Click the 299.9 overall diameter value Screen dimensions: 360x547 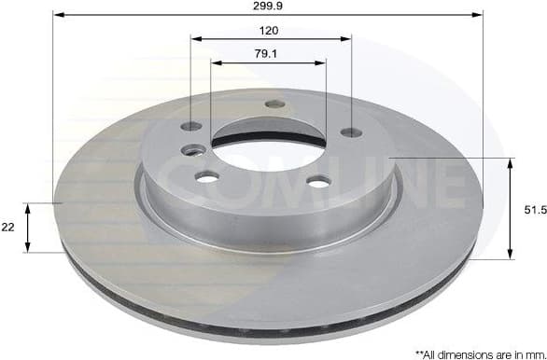tap(269, 6)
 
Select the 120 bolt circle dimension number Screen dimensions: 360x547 tap(270, 30)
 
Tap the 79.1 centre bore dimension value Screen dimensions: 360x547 tap(269, 54)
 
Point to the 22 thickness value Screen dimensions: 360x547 tap(8, 228)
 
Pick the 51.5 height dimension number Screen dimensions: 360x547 tap(534, 210)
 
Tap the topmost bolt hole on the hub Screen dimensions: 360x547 tap(274, 104)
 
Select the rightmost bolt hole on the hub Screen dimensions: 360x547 tap(352, 132)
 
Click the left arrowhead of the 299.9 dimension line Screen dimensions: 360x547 tap(57, 15)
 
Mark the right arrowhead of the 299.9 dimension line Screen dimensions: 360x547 tap(480, 15)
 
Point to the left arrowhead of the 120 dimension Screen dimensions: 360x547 tap(195, 39)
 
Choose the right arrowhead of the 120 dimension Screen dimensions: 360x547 tap(347, 39)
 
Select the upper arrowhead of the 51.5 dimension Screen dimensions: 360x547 tap(511, 163)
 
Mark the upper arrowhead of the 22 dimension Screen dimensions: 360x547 tap(29, 207)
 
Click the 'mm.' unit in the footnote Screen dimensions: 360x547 tap(530, 353)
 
